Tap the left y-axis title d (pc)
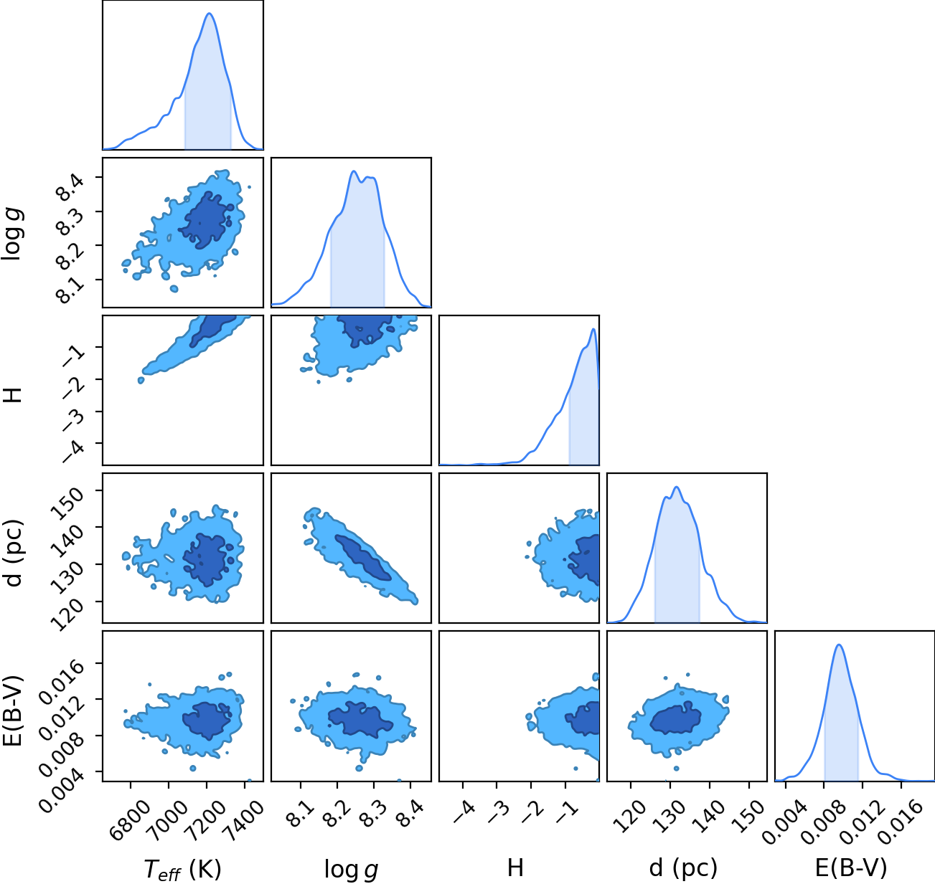[x=14, y=553]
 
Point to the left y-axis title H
[x=13, y=394]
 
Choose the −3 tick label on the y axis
[x=72, y=420]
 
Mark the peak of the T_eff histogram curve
[x=210, y=14]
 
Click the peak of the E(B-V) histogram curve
[x=839, y=645]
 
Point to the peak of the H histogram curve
[x=593, y=329]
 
